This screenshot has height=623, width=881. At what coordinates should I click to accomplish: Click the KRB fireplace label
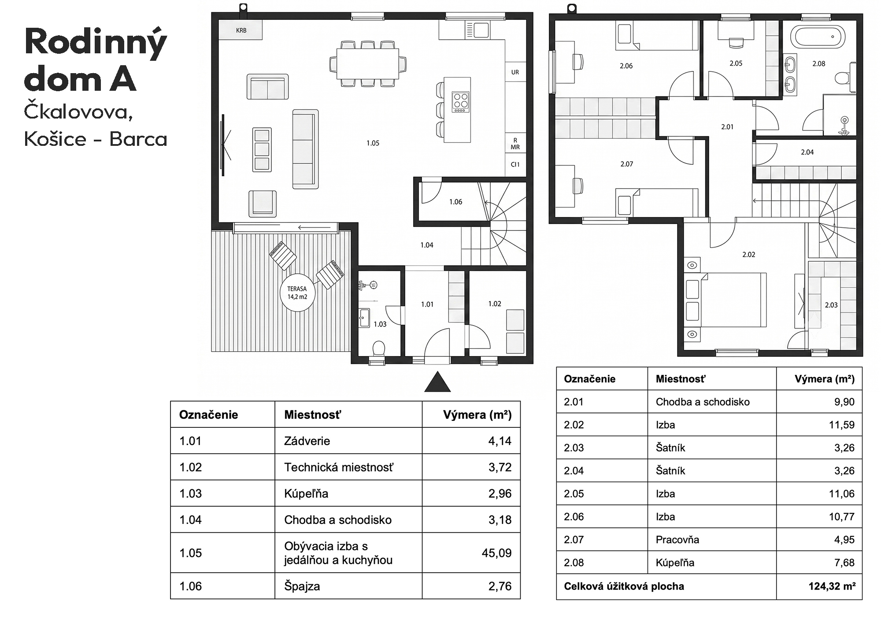(x=241, y=30)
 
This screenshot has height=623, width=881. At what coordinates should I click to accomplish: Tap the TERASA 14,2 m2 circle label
(x=297, y=293)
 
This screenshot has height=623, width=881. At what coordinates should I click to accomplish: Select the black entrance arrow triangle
(x=437, y=382)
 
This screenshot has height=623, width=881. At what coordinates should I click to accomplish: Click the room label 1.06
(x=455, y=202)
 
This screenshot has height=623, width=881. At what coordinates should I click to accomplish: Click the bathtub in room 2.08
(x=818, y=37)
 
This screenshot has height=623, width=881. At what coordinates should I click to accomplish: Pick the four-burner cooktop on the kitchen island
(x=461, y=102)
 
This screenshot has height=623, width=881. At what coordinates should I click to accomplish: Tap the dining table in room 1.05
(x=368, y=63)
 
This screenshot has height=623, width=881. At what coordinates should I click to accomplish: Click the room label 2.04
(x=807, y=152)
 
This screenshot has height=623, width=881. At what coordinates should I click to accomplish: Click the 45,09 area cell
(x=496, y=553)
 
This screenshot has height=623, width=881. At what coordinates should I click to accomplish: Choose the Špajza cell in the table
(x=302, y=586)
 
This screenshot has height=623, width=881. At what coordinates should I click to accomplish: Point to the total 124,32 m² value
(x=832, y=586)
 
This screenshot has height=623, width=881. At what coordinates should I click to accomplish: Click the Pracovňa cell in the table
(x=677, y=540)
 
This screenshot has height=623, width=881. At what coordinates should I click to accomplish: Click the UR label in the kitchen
(x=515, y=72)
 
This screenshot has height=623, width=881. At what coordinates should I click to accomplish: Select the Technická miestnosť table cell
(x=339, y=467)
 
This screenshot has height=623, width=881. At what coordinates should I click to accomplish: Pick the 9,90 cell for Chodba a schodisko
(x=844, y=402)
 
